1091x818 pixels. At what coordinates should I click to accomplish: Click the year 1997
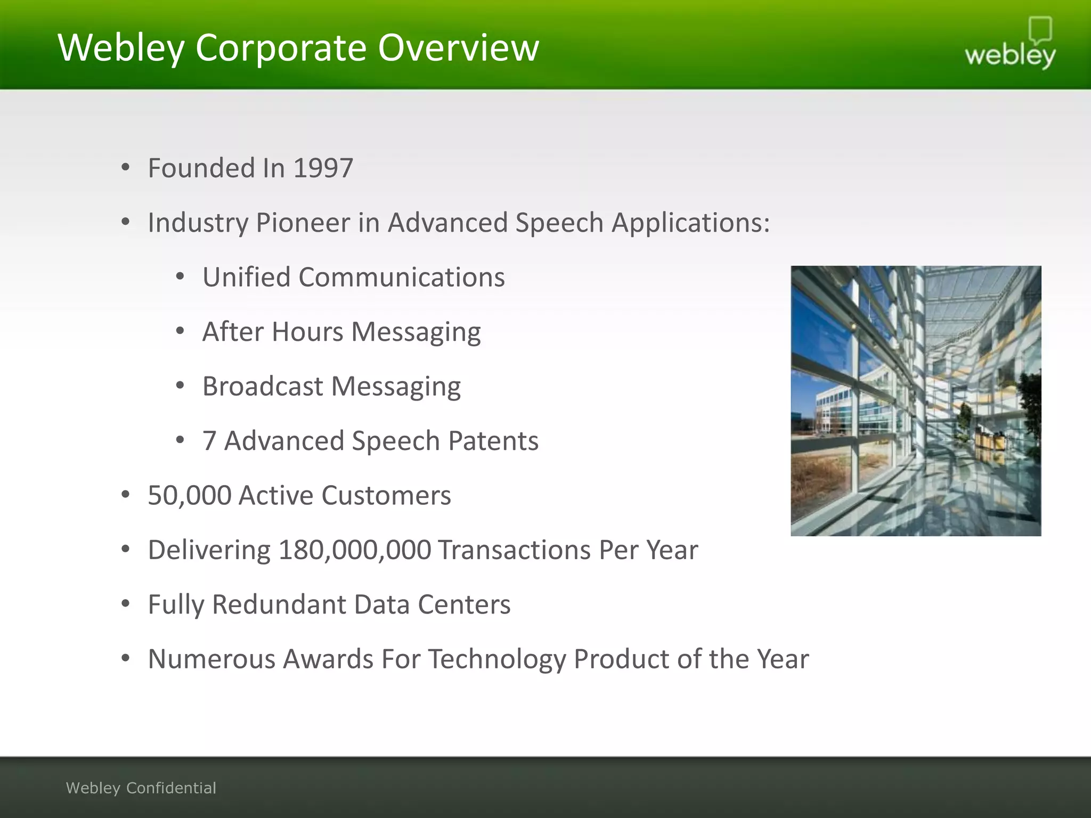323,168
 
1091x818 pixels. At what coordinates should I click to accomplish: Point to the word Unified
246,277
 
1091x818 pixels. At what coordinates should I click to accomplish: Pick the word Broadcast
263,386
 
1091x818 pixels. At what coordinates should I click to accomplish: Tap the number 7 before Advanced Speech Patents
209,441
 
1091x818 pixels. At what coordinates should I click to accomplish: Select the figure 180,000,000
354,550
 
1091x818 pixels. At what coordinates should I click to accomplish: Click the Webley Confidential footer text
141,788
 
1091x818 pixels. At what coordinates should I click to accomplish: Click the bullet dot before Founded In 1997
126,168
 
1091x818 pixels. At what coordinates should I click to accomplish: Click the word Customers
386,495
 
